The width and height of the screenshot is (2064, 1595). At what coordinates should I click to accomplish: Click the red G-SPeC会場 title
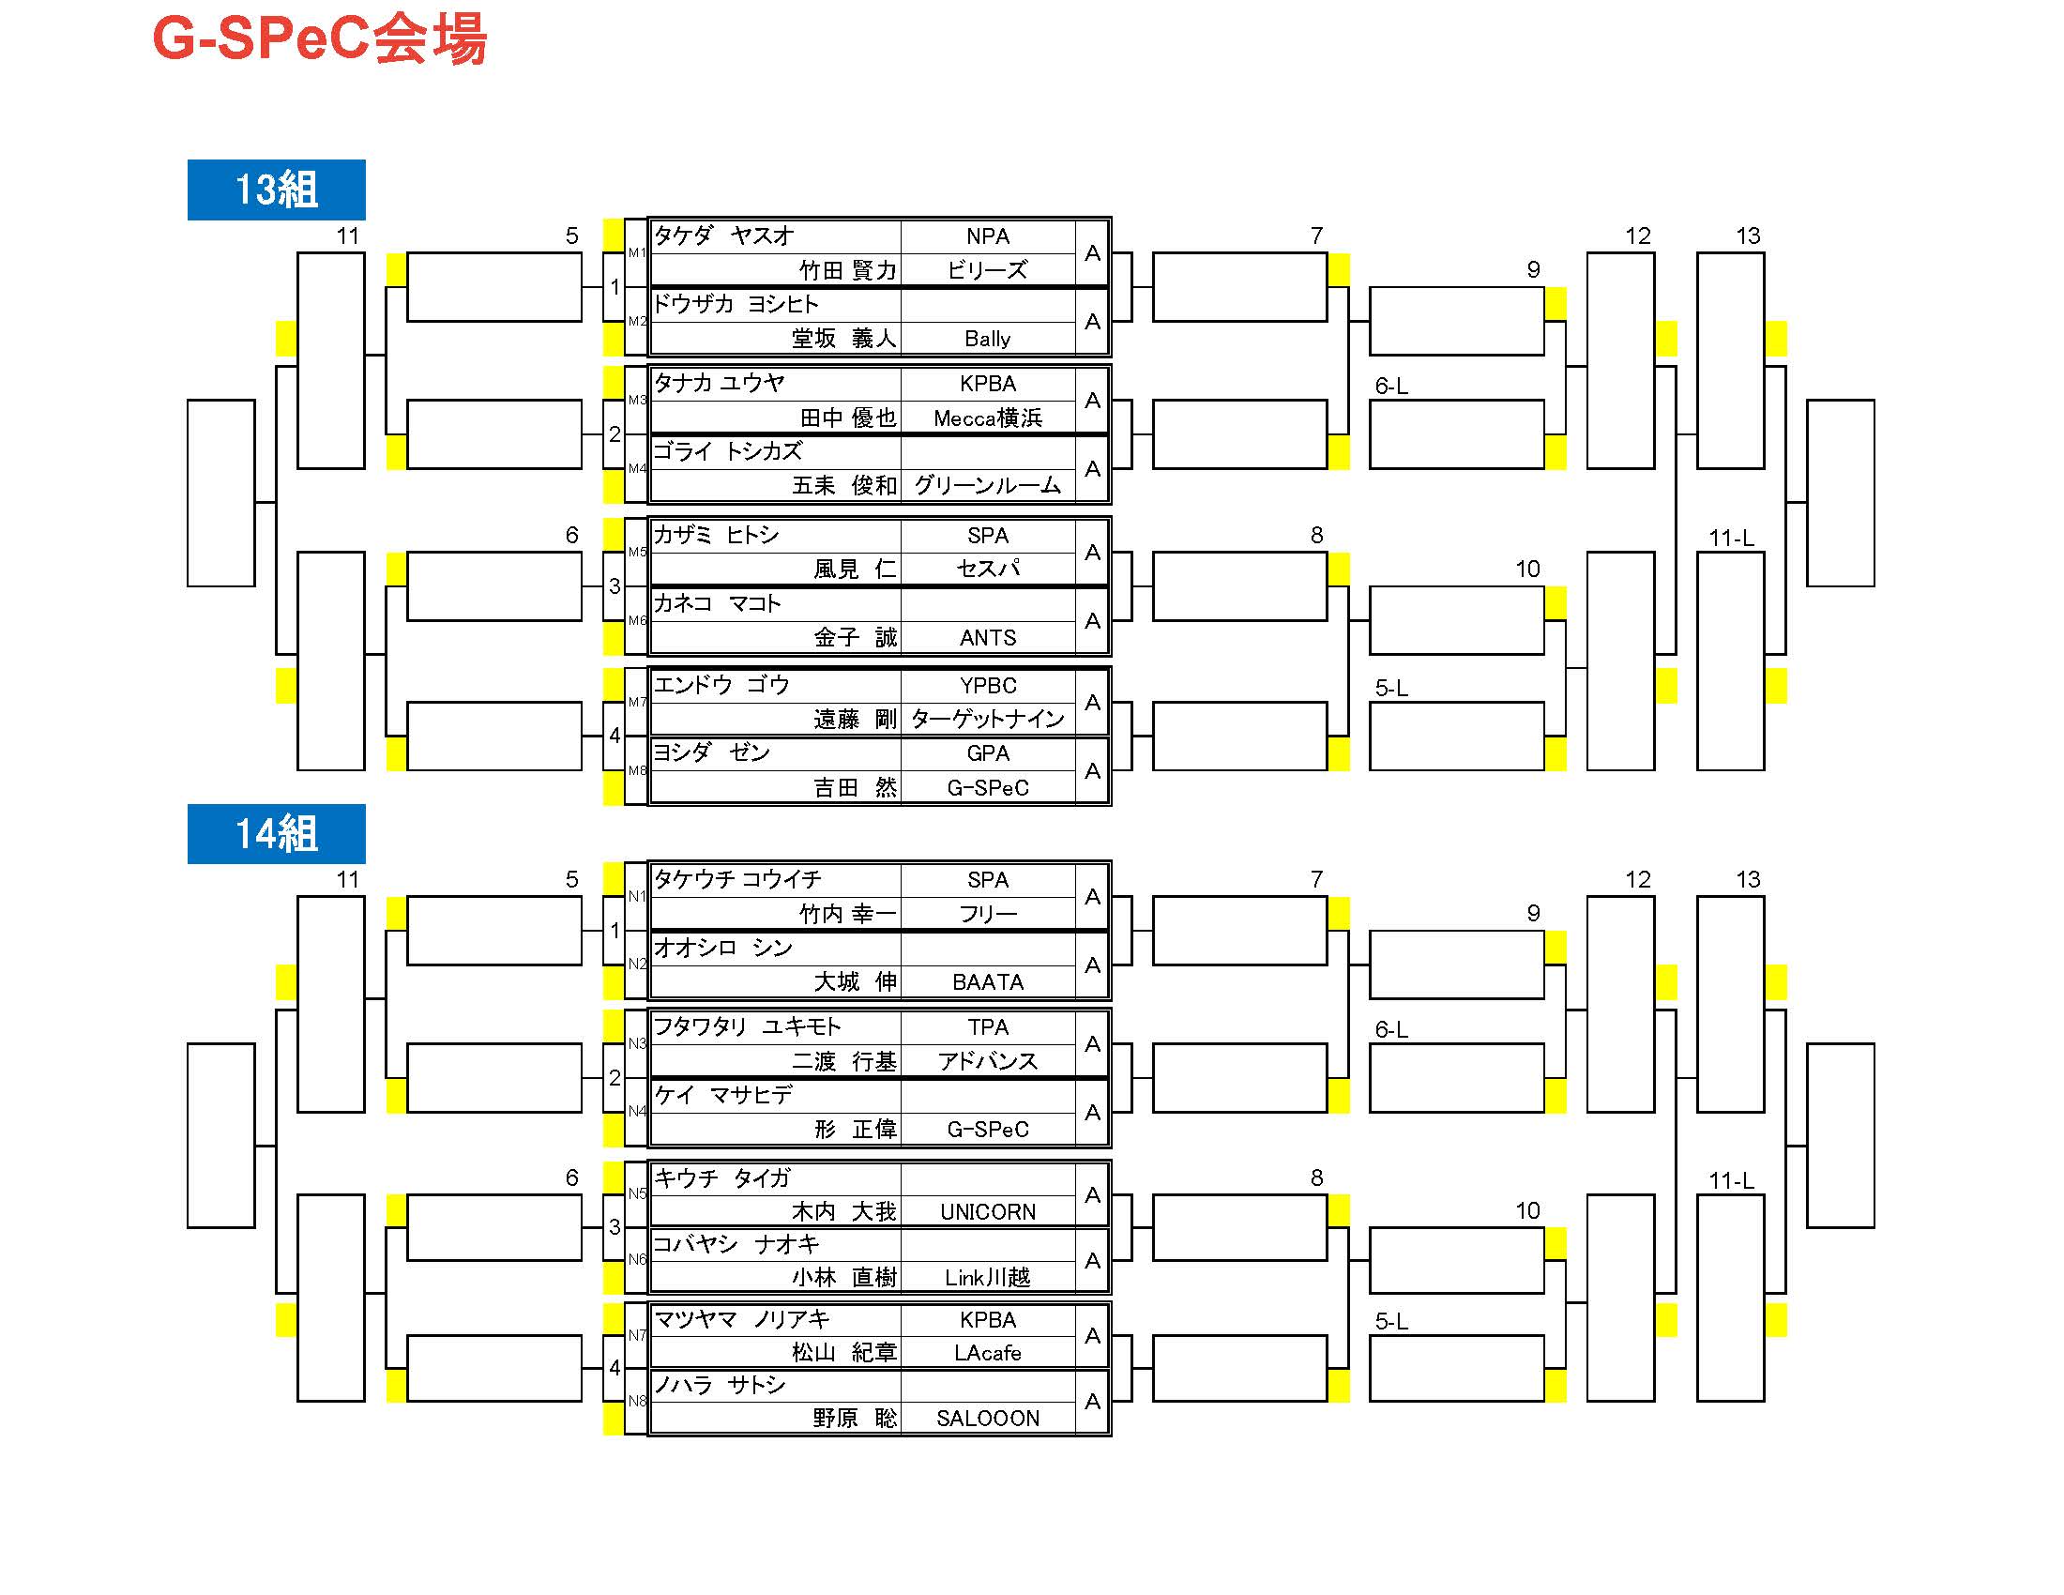point(320,39)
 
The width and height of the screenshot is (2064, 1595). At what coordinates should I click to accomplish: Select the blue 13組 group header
point(276,190)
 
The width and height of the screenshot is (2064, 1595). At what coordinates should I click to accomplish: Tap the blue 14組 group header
point(276,833)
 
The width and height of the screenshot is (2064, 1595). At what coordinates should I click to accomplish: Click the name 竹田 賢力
point(848,270)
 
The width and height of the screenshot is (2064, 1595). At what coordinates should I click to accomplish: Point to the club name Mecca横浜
point(988,418)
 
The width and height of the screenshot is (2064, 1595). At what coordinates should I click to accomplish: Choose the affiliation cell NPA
point(988,236)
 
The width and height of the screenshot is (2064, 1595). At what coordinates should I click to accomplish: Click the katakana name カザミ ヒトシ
point(717,535)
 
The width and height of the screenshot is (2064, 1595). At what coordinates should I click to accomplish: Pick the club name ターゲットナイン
point(988,719)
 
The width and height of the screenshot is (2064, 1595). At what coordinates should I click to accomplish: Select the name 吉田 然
point(856,787)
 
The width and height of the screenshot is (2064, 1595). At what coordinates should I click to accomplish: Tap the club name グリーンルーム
point(988,486)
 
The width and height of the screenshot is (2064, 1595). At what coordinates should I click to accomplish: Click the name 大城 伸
point(856,981)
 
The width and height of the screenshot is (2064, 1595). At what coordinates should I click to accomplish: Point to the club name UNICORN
point(988,1211)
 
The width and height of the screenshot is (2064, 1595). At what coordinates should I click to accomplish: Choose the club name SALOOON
point(988,1418)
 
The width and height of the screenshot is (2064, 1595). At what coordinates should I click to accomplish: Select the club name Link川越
point(988,1278)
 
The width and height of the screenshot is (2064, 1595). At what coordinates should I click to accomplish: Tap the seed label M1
point(637,252)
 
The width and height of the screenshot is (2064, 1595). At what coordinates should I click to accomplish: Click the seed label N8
point(637,1402)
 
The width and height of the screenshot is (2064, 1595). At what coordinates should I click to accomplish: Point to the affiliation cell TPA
point(988,1027)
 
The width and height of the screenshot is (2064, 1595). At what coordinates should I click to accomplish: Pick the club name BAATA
point(988,982)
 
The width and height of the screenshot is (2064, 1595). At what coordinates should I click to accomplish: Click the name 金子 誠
point(856,638)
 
